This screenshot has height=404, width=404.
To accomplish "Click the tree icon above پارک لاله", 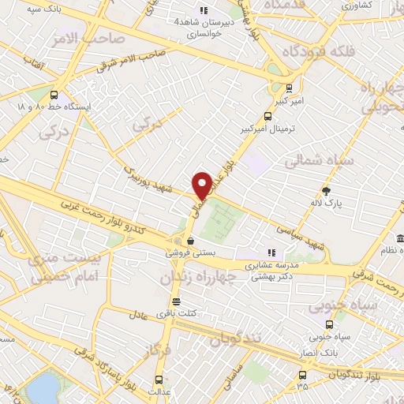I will click(327, 191).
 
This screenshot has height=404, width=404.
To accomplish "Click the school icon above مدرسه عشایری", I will click(271, 253).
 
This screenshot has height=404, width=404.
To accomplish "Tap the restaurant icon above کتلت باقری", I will click(176, 302).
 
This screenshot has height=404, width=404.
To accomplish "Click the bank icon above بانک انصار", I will click(329, 324).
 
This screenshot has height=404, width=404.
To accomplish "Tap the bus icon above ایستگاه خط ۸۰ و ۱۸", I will click(54, 92).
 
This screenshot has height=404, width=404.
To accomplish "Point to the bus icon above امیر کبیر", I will click(289, 88).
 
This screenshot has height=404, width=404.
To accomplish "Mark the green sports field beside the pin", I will click(223, 222).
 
